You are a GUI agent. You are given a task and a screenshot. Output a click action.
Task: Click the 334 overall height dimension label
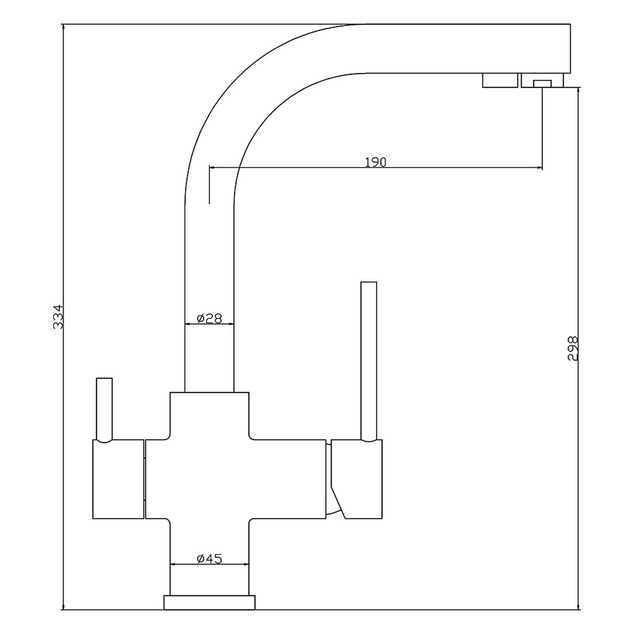pyautogui.click(x=58, y=316)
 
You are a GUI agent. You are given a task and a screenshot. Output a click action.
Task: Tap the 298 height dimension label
pyautogui.click(x=573, y=348)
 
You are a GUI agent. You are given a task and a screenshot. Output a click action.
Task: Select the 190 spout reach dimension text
pyautogui.click(x=375, y=162)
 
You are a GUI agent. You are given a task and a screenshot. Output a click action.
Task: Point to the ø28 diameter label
pyautogui.click(x=209, y=319)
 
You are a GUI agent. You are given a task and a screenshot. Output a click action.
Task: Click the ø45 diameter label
pyautogui.click(x=209, y=559)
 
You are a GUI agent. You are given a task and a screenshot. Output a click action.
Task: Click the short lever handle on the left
pyautogui.click(x=105, y=410)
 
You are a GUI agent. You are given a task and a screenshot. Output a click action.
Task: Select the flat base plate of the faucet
pyautogui.click(x=209, y=602)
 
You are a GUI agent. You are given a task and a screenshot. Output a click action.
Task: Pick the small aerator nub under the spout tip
pyautogui.click(x=542, y=84)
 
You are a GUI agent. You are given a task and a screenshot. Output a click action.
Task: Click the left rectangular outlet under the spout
pyautogui.click(x=500, y=80)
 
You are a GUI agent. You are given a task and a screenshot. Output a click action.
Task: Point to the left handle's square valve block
pyautogui.click(x=119, y=479)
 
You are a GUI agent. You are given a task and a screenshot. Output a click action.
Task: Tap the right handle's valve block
pyautogui.click(x=356, y=479)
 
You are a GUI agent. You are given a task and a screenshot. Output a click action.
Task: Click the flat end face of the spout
pyautogui.click(x=571, y=49)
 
